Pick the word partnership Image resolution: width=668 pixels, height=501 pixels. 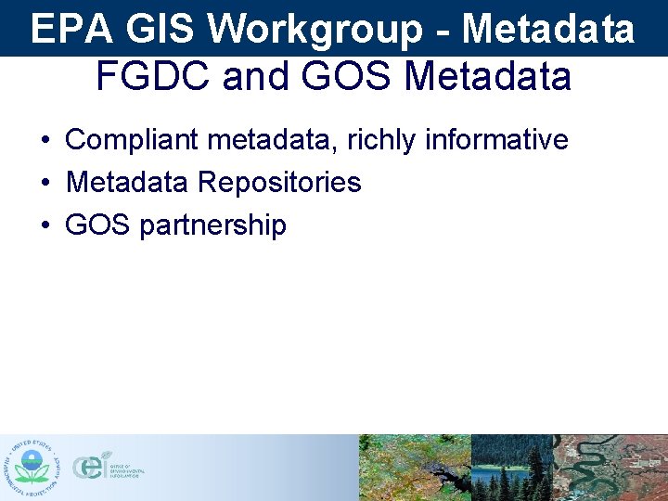click(212, 225)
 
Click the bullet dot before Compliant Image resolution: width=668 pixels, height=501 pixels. click(45, 141)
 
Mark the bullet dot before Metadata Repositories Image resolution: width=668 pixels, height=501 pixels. click(45, 183)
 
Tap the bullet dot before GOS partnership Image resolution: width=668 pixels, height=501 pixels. click(45, 225)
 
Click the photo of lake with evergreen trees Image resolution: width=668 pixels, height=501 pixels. click(512, 468)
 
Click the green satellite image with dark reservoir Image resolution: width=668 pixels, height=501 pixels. click(415, 468)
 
